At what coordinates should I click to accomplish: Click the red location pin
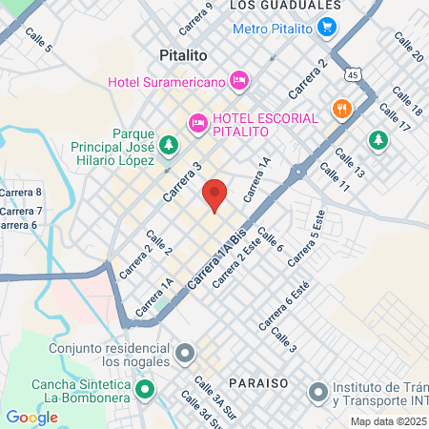click(214, 195)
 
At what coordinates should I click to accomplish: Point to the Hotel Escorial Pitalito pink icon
click(198, 121)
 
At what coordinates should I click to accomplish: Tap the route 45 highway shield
click(354, 74)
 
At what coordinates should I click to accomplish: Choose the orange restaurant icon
click(340, 109)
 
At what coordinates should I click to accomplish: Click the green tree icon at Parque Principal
click(168, 145)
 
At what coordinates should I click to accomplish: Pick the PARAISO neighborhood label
click(258, 381)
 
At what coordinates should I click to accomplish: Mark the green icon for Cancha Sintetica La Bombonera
click(145, 389)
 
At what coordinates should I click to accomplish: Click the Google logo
click(31, 417)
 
